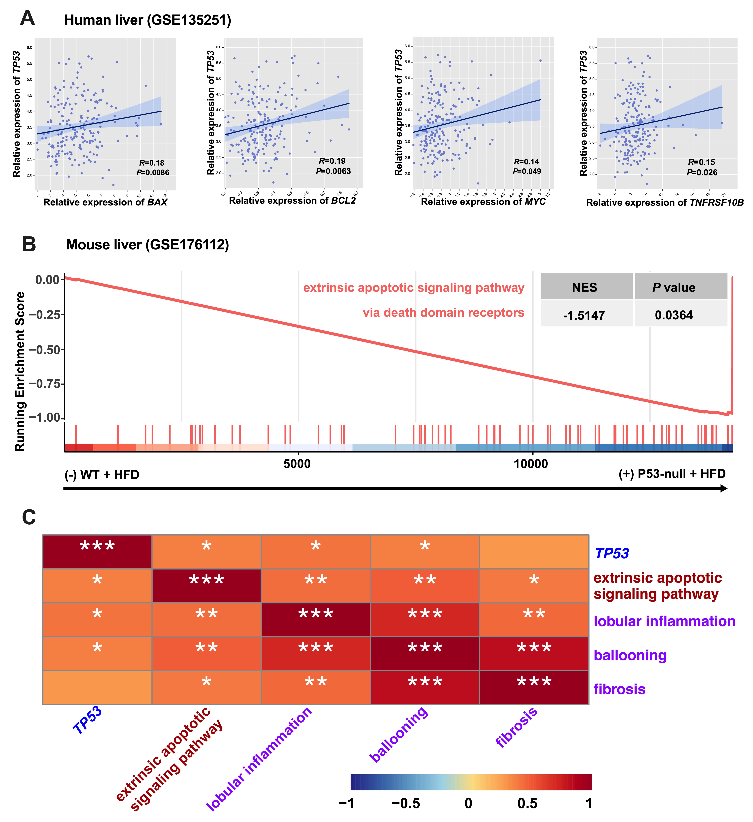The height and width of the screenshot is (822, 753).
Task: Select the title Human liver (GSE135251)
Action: coord(148,20)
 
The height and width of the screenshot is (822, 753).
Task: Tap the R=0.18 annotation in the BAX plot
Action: coord(152,163)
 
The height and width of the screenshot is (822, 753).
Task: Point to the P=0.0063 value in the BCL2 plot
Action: coord(333,171)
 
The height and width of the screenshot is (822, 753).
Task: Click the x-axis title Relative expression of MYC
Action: coord(483,202)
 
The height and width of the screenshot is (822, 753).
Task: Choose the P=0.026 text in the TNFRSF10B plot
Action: coord(702,173)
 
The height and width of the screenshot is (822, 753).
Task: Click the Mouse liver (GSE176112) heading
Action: coord(148,245)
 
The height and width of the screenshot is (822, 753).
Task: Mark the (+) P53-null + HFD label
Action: coord(672,474)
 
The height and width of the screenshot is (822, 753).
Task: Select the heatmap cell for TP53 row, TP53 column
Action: coord(97,552)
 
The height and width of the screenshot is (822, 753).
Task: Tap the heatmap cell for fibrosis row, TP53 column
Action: coord(97,687)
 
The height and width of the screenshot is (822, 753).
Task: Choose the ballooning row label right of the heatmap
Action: coord(630,655)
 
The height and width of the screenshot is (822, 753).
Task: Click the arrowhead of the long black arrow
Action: coord(724,488)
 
